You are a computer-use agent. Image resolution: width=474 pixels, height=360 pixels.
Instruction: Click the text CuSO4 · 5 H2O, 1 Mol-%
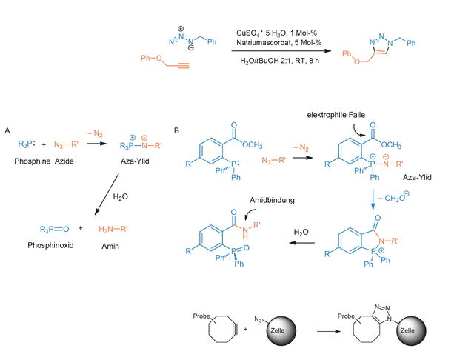point(276,33)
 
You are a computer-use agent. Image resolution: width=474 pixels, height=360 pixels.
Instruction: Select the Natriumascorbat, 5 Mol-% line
point(278,43)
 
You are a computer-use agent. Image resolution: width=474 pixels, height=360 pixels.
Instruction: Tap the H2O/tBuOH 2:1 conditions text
point(279,61)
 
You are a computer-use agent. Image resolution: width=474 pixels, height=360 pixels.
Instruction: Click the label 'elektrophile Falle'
point(336,115)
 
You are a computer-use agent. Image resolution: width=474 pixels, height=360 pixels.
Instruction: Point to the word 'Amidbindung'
point(272,200)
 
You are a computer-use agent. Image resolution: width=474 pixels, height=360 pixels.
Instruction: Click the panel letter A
point(7,130)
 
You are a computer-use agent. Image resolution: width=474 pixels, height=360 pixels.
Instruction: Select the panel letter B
point(176,130)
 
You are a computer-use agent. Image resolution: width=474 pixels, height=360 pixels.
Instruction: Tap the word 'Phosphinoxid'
point(50,245)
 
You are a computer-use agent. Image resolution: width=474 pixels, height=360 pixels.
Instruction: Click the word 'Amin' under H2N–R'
point(110,247)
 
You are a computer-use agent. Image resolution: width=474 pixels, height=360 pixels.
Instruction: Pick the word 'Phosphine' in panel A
point(33,161)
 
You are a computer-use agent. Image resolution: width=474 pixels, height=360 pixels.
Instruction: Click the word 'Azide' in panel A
point(64,161)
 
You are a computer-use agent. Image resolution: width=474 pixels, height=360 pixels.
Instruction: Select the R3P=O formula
point(54,230)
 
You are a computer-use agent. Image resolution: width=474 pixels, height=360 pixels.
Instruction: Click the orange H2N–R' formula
point(113,229)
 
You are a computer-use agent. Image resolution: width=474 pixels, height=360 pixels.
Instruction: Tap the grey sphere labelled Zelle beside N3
point(281,330)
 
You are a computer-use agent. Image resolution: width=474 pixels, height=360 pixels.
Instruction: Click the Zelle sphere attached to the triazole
point(412,330)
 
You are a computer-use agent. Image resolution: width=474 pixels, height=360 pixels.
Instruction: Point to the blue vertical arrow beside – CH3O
point(373,199)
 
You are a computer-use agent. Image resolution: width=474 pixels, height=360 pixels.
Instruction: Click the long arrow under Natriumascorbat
point(281,51)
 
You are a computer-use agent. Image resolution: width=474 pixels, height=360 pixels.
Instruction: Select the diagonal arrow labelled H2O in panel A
point(107,194)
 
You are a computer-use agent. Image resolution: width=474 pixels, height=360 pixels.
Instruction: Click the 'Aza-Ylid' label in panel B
point(417,177)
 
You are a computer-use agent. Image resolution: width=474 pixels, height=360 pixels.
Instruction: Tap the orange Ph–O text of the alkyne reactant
point(151,58)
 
